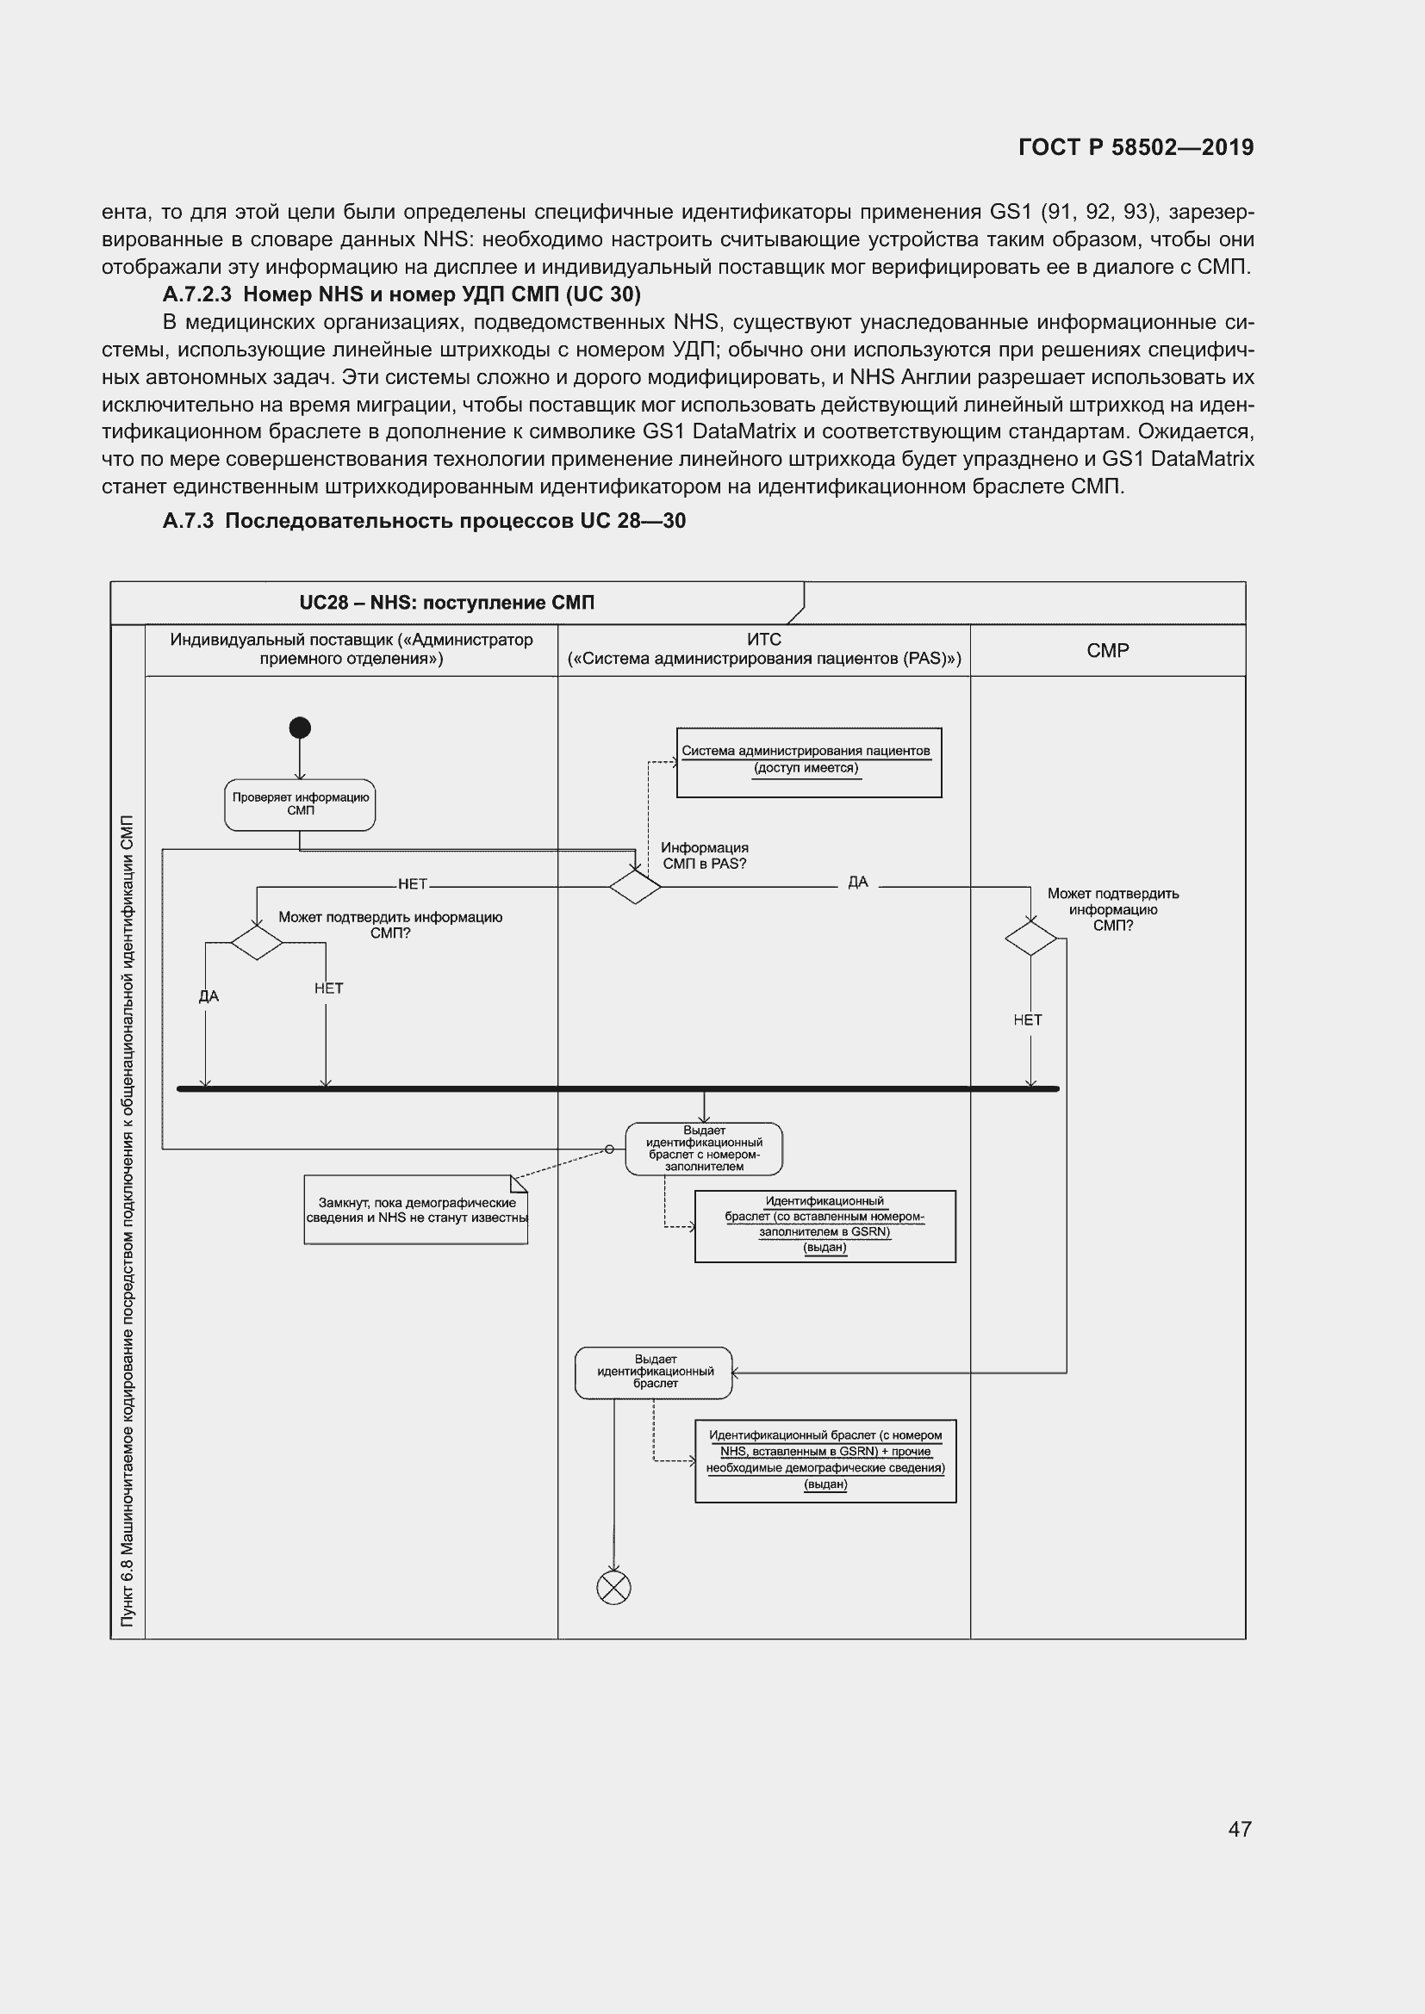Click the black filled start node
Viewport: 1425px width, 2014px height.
click(300, 728)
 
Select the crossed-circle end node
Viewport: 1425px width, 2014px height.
click(613, 1587)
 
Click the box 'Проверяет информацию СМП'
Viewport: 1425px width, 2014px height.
click(300, 804)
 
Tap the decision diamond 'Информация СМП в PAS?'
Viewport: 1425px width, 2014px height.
click(635, 887)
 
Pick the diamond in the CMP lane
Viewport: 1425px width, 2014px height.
click(1031, 939)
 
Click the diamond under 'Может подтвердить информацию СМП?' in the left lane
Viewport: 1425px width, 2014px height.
click(256, 942)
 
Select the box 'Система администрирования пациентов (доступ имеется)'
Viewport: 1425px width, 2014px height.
click(808, 762)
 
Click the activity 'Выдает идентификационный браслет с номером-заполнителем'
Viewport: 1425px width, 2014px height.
click(704, 1149)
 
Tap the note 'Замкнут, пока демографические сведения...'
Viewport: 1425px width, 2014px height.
click(416, 1210)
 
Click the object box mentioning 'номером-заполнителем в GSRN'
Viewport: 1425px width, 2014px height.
click(825, 1225)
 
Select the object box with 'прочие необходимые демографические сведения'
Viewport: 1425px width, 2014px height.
click(825, 1460)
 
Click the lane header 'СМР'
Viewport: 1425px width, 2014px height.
click(1107, 650)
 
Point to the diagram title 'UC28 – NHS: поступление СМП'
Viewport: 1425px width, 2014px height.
click(446, 603)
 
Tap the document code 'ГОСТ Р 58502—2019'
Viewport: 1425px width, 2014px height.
click(1136, 147)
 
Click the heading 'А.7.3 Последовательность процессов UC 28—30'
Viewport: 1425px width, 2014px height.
click(424, 521)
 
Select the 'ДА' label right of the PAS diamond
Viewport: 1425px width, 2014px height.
click(857, 882)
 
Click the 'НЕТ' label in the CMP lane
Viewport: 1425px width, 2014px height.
click(1028, 1019)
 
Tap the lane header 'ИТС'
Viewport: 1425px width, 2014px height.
click(763, 641)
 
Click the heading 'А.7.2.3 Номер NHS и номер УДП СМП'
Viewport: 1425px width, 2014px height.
click(401, 294)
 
